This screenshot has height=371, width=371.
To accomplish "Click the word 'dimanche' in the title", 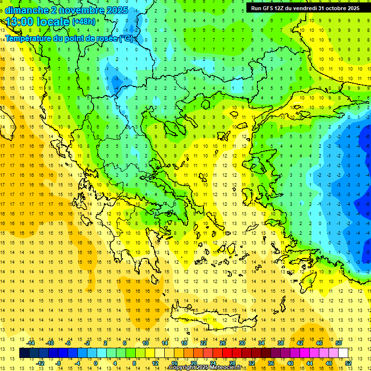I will [27, 10].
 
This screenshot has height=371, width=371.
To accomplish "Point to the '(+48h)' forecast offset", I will [84, 22].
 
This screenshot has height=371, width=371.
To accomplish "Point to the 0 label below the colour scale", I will [96, 363].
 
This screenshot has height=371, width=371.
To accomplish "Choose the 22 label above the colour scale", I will [204, 343].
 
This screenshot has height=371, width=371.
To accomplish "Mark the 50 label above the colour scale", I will [339, 343].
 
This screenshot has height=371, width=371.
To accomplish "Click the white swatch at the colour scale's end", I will [343, 353].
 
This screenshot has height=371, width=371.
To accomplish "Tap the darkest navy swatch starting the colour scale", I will [24, 353].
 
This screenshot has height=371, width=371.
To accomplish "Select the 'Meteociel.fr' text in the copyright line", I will [226, 368].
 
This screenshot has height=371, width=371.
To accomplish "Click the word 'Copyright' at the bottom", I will [182, 368].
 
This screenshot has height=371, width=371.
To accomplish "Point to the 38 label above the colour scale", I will [281, 343].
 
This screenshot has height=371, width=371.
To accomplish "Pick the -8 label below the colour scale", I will [58, 363].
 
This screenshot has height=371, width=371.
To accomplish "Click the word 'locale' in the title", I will [53, 22].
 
